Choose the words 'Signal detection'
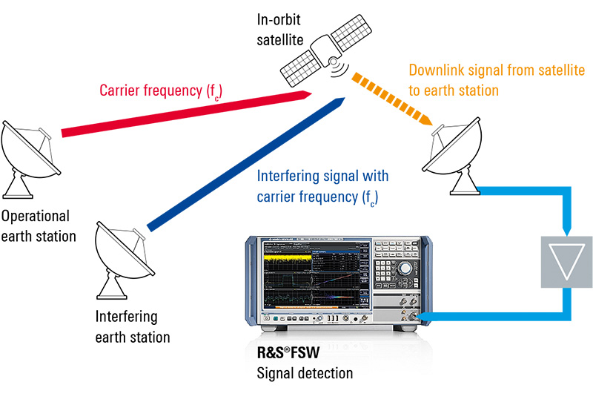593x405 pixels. (303, 372)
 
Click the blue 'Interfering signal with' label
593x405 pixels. (322, 177)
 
